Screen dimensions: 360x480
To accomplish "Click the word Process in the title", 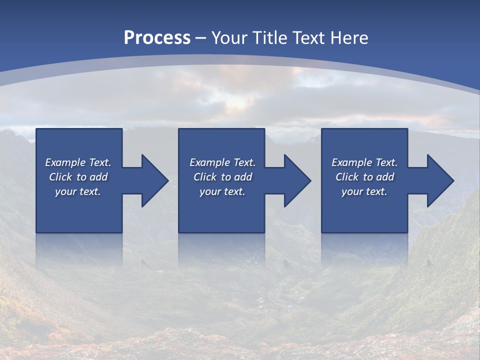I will [157, 38].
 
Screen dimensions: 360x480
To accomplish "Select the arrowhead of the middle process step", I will [296, 181].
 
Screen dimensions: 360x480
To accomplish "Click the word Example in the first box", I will [65, 162].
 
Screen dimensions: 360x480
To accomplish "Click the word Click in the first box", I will [60, 177].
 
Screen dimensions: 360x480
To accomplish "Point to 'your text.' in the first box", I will [78, 191].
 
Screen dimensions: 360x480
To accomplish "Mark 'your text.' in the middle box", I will [222, 191].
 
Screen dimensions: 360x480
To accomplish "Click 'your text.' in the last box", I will [364, 191].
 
